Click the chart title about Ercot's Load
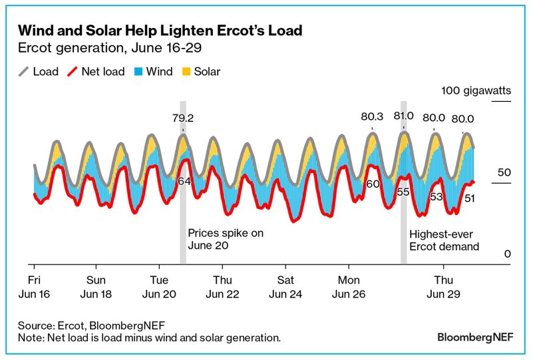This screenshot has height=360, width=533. [x=160, y=31]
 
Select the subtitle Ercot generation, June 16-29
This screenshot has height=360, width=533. [x=109, y=48]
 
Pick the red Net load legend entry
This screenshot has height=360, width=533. [x=97, y=71]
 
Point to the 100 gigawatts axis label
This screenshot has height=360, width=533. [x=474, y=91]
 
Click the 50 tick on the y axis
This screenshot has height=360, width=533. [x=504, y=172]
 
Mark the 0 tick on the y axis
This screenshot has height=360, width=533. [x=507, y=254]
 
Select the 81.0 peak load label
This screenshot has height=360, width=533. [x=403, y=115]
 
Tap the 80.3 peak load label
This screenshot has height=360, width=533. [x=372, y=116]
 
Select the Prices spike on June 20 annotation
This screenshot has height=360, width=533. [x=226, y=239]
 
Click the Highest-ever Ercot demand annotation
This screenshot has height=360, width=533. [x=444, y=240]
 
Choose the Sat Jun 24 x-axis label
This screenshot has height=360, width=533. [x=285, y=285]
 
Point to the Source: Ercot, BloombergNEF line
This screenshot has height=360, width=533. [x=92, y=325]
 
